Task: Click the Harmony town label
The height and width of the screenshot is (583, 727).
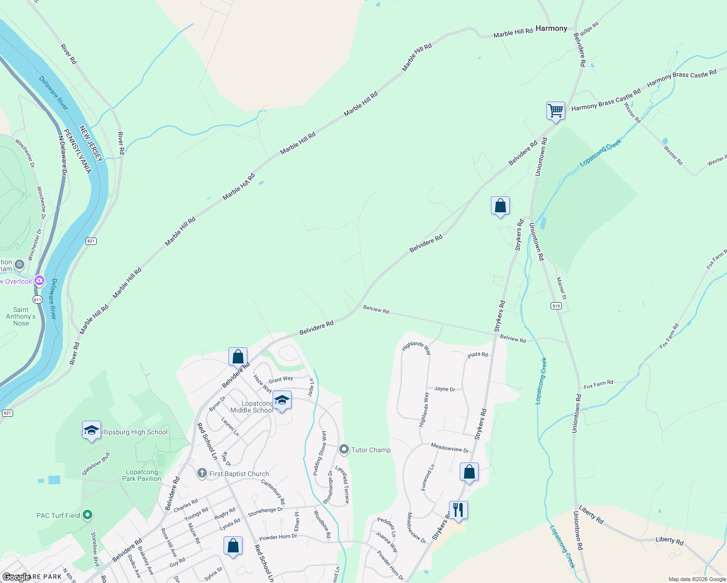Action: [551, 29]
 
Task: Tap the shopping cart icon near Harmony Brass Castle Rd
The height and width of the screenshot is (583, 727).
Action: [555, 110]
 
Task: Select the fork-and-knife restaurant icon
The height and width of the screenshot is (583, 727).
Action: [458, 510]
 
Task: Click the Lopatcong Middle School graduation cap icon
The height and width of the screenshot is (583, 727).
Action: [282, 400]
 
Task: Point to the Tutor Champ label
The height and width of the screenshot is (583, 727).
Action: [371, 450]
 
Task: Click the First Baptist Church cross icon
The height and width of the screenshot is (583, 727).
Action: [202, 473]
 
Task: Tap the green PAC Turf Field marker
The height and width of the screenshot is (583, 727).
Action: [87, 515]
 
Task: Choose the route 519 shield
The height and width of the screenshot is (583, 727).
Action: [556, 306]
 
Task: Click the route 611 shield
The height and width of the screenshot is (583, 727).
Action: [38, 299]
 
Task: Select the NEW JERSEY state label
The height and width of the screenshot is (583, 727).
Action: [91, 144]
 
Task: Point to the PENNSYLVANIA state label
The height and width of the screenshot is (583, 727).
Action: [77, 151]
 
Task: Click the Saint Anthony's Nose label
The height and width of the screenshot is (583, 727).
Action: [21, 316]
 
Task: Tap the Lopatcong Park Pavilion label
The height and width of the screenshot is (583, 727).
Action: [141, 475]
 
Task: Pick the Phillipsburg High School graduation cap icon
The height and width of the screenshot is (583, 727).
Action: [91, 430]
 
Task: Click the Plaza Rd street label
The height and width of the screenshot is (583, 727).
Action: [477, 355]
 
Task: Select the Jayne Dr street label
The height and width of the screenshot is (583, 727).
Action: [445, 389]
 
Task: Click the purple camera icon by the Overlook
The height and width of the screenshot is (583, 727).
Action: [39, 281]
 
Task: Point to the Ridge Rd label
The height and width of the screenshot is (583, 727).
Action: [589, 29]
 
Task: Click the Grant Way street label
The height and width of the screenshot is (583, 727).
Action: [281, 379]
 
